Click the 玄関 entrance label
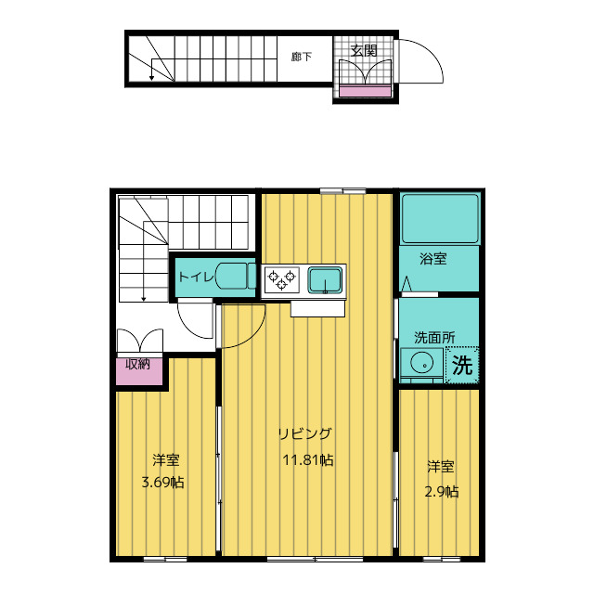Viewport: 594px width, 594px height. (364, 50)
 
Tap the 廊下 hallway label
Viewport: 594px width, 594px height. (302, 57)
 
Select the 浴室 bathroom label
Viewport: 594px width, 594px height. (433, 259)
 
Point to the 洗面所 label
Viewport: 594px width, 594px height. (434, 338)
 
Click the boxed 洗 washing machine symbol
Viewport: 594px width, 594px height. (462, 365)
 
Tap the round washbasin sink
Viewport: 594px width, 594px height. (421, 364)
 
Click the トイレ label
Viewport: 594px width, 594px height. (196, 277)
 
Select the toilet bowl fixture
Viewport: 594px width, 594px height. (236, 277)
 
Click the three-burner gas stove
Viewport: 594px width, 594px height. (282, 280)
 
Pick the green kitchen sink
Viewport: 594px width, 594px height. (325, 280)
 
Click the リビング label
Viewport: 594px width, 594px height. (305, 433)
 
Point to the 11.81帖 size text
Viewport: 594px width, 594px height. (308, 460)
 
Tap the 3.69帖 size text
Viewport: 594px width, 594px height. (163, 483)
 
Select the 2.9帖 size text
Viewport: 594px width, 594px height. (442, 492)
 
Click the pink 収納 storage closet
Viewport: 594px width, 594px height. (139, 371)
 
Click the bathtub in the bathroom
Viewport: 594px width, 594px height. (440, 219)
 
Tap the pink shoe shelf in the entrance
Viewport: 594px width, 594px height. (365, 91)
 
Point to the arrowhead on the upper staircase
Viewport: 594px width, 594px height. (151, 78)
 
